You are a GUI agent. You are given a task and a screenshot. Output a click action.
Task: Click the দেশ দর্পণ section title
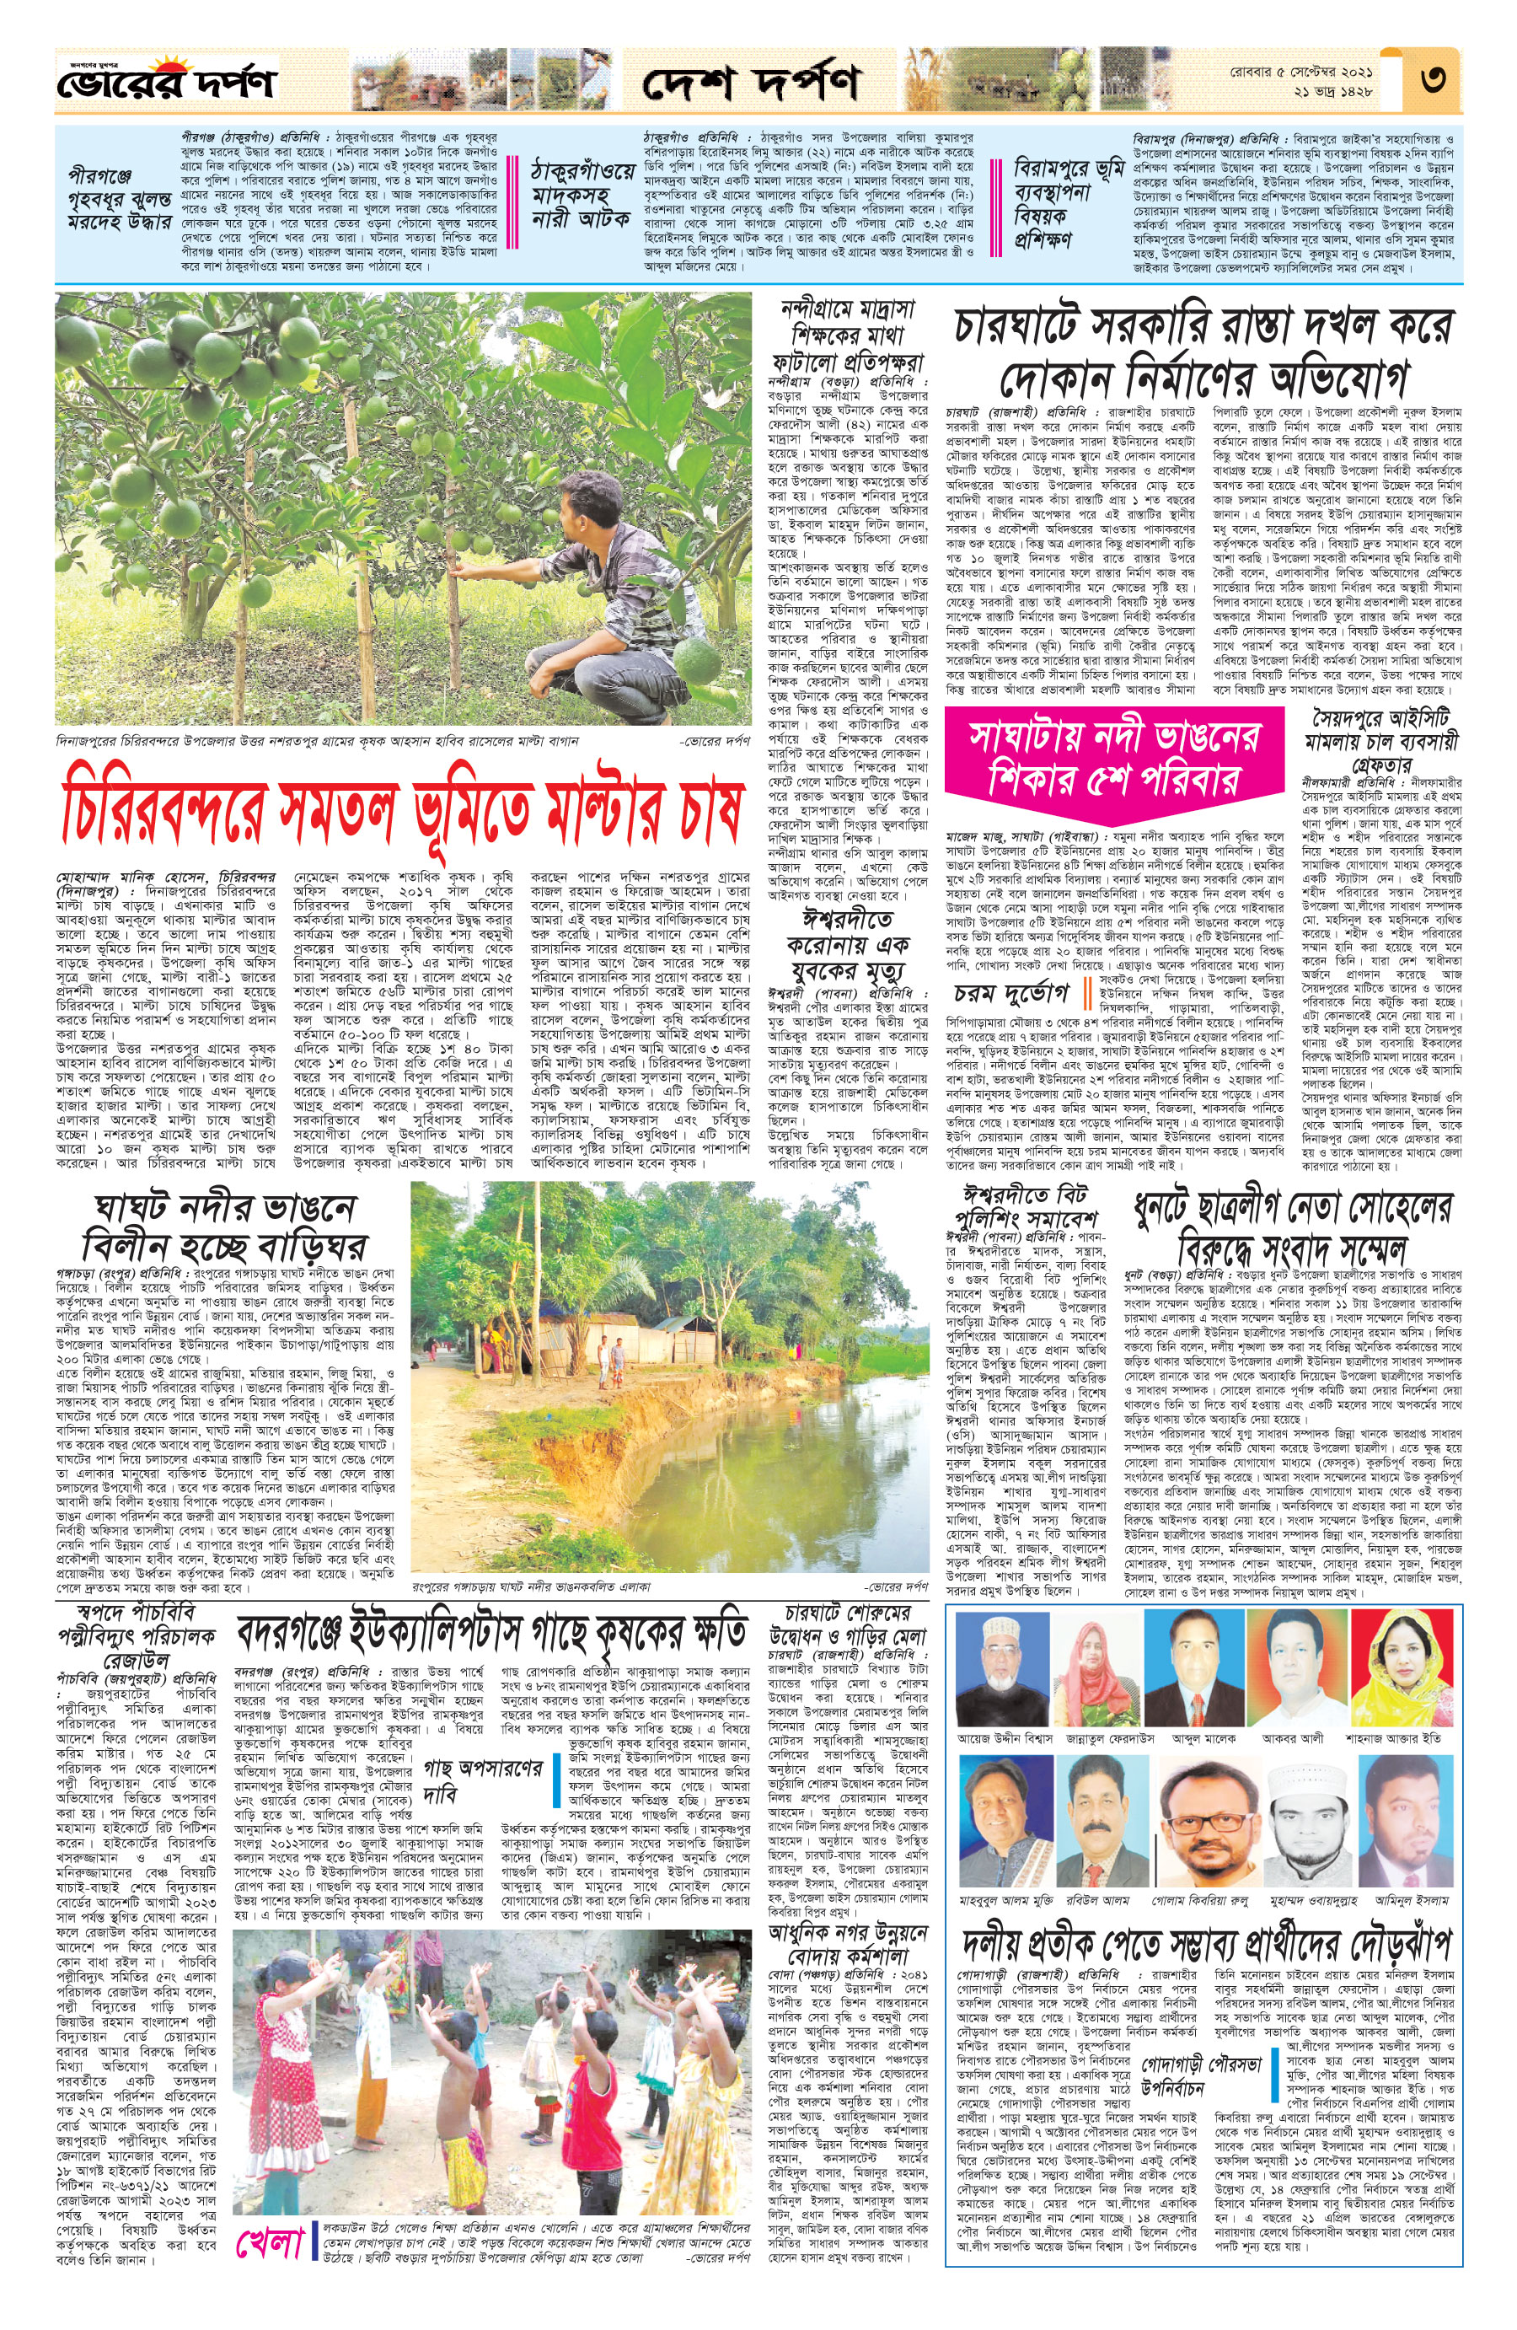point(751,84)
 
